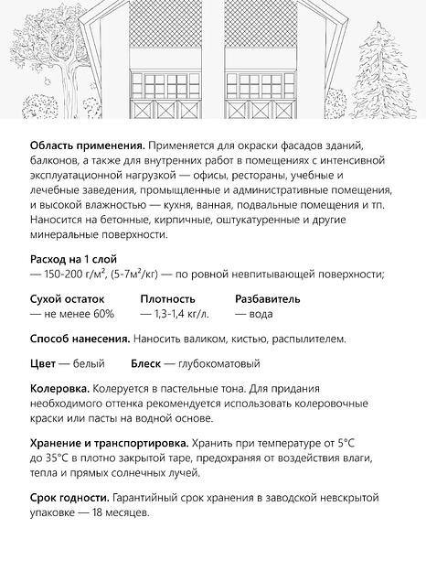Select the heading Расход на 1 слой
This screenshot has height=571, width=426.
tap(73, 259)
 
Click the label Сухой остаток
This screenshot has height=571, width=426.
tap(68, 299)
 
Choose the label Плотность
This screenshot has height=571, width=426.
tap(168, 299)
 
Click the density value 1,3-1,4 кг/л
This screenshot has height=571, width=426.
tap(181, 314)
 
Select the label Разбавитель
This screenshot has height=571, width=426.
tap(268, 299)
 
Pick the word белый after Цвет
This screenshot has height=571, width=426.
tap(91, 363)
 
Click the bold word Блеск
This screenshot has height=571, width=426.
tap(146, 363)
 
